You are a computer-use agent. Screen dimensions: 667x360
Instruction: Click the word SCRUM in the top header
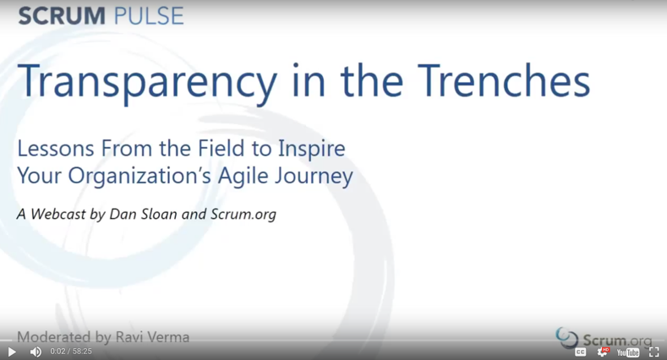pyautogui.click(x=62, y=16)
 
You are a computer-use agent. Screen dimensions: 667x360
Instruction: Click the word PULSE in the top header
pyautogui.click(x=149, y=16)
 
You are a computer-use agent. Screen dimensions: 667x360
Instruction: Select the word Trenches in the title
pyautogui.click(x=504, y=80)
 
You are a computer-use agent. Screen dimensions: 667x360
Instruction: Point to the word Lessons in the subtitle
pyautogui.click(x=55, y=149)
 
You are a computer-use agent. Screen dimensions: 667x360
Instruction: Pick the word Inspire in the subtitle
pyautogui.click(x=312, y=150)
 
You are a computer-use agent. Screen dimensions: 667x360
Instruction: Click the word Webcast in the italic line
pyautogui.click(x=57, y=214)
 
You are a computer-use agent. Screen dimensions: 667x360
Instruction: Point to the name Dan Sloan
pyautogui.click(x=143, y=214)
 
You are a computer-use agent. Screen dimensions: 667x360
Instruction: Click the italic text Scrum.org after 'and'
pyautogui.click(x=243, y=214)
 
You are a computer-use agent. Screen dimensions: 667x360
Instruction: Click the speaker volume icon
pyautogui.click(x=36, y=352)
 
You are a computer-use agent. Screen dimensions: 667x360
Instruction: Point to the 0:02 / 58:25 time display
pyautogui.click(x=71, y=352)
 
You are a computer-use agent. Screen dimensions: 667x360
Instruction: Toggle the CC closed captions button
pyautogui.click(x=580, y=352)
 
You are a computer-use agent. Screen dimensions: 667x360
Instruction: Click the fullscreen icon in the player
pyautogui.click(x=653, y=352)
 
